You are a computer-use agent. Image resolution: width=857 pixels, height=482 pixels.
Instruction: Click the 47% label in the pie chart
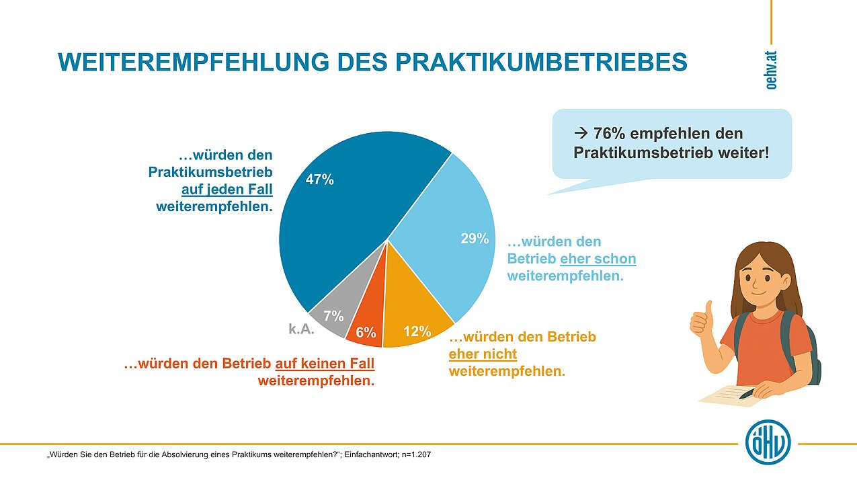[x=319, y=180]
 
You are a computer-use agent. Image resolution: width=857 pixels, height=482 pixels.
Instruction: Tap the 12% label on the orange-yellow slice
[x=417, y=331]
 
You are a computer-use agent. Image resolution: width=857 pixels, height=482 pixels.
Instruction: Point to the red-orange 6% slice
[x=368, y=323]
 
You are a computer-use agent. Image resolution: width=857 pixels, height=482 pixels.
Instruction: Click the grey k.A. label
[x=302, y=329]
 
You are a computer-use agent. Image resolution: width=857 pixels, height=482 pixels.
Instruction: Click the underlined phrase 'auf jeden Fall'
[x=227, y=190]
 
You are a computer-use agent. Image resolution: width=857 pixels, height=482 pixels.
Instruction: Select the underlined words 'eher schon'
[x=598, y=258]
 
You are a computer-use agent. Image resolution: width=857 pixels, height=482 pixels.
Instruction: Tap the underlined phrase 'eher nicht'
[x=483, y=354]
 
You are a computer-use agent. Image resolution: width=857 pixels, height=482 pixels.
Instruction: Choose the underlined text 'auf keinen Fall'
[x=325, y=364]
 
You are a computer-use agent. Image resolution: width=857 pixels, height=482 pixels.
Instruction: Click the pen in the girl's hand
[x=746, y=394]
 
